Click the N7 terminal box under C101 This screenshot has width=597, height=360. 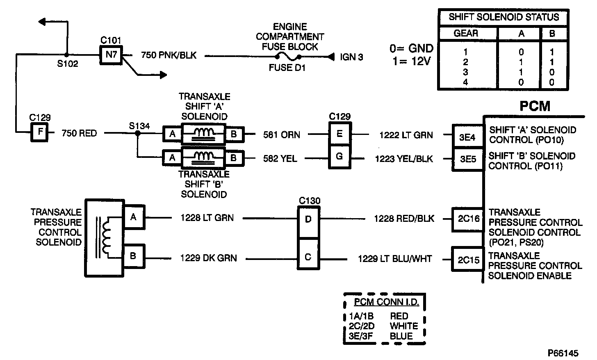click(x=111, y=55)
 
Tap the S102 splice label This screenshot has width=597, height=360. click(x=67, y=64)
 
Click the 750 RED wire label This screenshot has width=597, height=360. click(x=79, y=133)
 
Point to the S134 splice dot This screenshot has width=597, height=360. click(x=137, y=133)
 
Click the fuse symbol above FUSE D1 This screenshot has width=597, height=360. click(x=289, y=57)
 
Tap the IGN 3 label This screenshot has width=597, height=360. click(x=351, y=57)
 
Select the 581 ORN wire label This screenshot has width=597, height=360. click(x=281, y=134)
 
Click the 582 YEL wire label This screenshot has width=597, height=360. click(x=280, y=158)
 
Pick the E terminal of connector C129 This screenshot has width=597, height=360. click(x=339, y=134)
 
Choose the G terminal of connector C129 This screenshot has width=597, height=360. click(x=339, y=157)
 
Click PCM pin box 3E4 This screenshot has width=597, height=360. click(x=467, y=137)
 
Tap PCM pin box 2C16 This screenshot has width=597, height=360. click(x=468, y=219)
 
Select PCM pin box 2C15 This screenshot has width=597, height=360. click(x=468, y=260)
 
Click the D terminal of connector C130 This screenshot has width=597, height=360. click(x=308, y=219)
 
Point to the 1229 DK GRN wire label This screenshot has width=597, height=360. click(x=208, y=258)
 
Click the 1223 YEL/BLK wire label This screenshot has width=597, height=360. click(x=403, y=159)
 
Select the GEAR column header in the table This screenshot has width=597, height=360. click(x=466, y=33)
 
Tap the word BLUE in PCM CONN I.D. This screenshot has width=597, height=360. click(x=401, y=336)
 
